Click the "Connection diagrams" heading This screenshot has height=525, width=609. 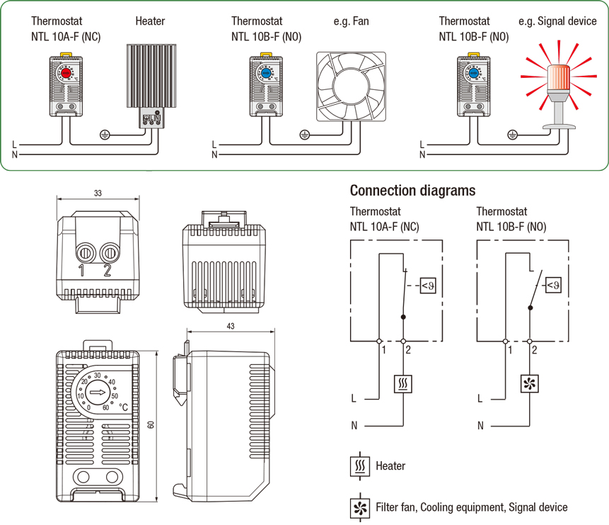click(412, 191)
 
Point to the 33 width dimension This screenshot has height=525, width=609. click(98, 193)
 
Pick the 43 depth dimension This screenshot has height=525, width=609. click(231, 326)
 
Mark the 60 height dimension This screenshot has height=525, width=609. click(151, 424)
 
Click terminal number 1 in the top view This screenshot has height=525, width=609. click(82, 270)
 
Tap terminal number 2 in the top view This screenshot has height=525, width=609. click(108, 270)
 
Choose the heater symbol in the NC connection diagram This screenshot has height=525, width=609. click(403, 385)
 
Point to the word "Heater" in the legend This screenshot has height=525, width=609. click(390, 466)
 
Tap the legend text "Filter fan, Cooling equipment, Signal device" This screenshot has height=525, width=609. click(471, 507)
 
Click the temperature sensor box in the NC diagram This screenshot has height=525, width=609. click(427, 286)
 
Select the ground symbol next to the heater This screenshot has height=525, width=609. click(105, 133)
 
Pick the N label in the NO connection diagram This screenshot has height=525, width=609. click(480, 426)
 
